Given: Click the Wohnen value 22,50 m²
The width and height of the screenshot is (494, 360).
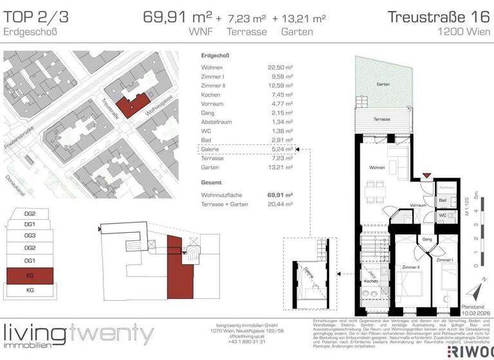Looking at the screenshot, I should point(280,67).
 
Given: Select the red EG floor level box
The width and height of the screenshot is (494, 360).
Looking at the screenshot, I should point(30,276).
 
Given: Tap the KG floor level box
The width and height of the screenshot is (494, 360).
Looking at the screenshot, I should point(30,291).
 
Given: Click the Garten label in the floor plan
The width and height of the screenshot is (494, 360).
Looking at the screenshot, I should point(383,85).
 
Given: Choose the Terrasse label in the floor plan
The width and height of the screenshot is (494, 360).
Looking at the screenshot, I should point(382,120).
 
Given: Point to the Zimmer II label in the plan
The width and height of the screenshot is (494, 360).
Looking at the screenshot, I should point(410,266).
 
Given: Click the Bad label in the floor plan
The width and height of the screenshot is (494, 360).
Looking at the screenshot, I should point(443,201).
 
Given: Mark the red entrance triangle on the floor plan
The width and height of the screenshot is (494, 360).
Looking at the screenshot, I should point(425,175).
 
